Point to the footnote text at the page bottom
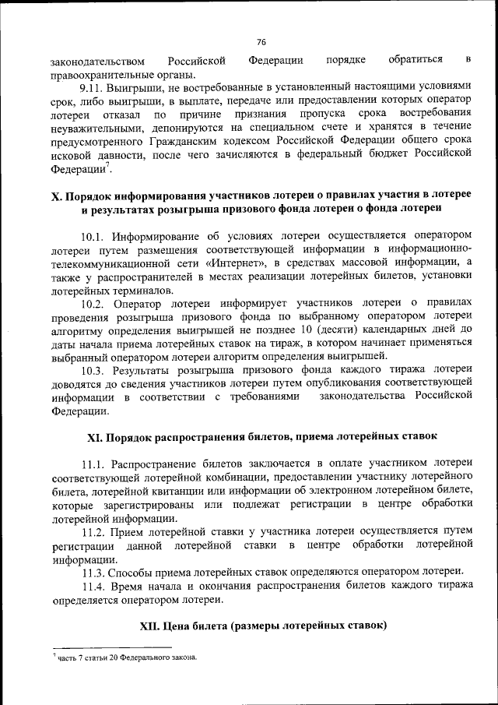coord(124,657)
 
